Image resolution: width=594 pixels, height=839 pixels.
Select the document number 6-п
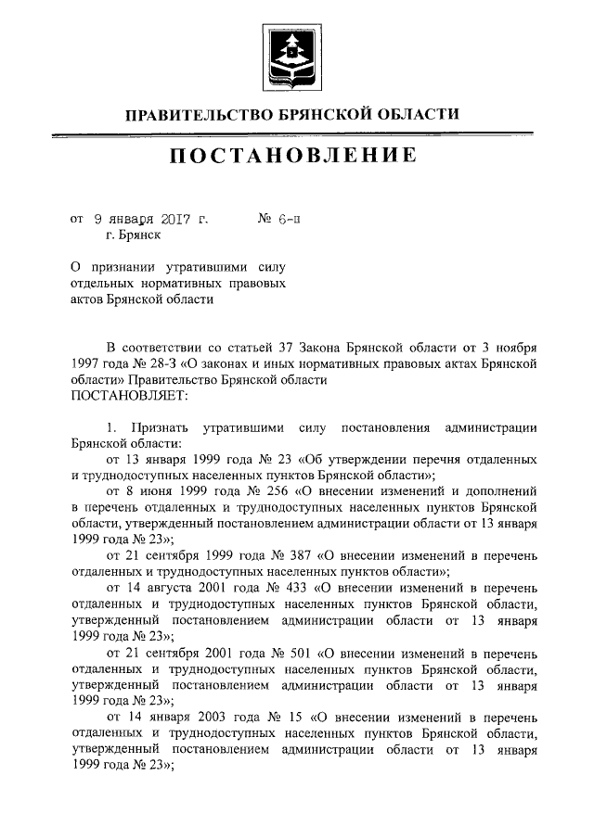tap(289, 220)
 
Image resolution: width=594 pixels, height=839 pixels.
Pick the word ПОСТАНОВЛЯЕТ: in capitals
tap(129, 395)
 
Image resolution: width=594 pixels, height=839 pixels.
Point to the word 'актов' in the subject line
tap(89, 299)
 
